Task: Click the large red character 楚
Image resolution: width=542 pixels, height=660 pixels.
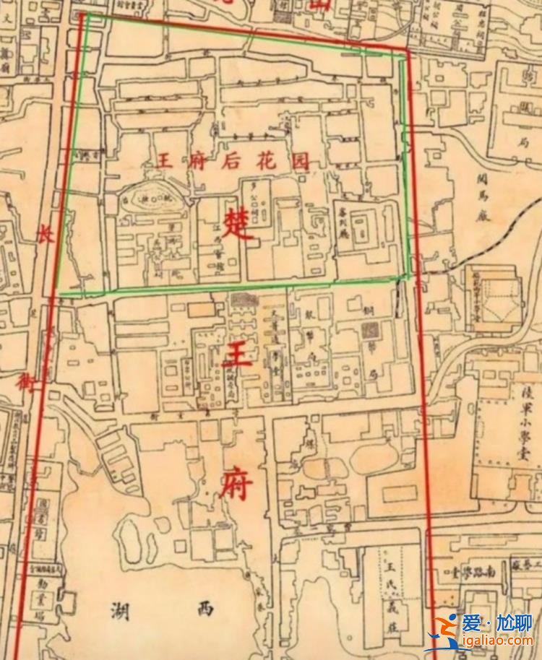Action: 239,225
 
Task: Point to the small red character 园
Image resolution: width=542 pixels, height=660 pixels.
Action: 298,160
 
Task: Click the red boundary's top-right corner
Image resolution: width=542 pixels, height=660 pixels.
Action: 408,51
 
